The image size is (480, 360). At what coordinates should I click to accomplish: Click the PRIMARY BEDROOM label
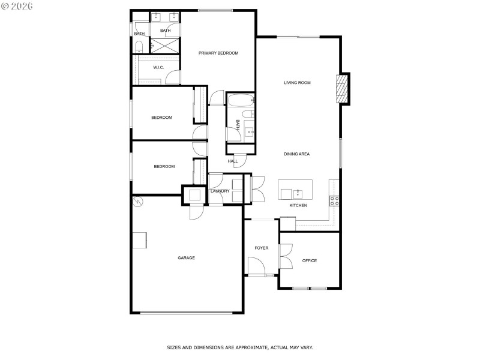[x=218, y=53]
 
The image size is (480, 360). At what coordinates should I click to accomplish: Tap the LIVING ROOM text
[x=297, y=83]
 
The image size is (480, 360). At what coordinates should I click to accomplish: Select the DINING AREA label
[x=296, y=154]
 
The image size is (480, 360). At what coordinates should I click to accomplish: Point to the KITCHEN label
[x=298, y=206]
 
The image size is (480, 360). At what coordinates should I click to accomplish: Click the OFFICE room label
[x=310, y=261]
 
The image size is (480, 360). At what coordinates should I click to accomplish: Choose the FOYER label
[x=262, y=248]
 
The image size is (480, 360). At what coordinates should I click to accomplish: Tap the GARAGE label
[x=186, y=258]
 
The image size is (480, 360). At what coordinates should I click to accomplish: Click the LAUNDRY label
[x=220, y=191]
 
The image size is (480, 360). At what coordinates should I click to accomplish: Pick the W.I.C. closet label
[x=158, y=68]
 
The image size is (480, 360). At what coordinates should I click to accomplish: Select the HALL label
[x=233, y=161]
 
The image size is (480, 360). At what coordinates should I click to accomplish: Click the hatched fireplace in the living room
[x=342, y=89]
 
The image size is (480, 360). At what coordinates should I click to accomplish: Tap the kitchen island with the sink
[x=295, y=190]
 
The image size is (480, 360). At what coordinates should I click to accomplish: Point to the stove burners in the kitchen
[x=334, y=200]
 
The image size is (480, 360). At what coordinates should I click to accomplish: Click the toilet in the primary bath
[x=139, y=46]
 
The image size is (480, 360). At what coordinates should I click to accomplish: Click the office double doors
[x=284, y=255]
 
